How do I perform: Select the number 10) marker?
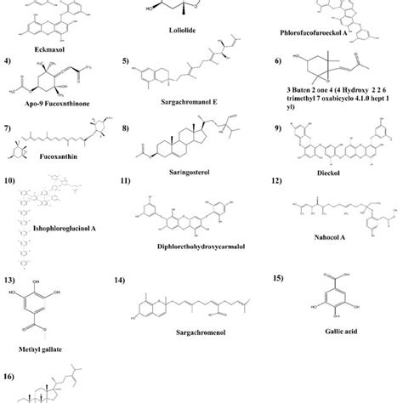click(x=9, y=182)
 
